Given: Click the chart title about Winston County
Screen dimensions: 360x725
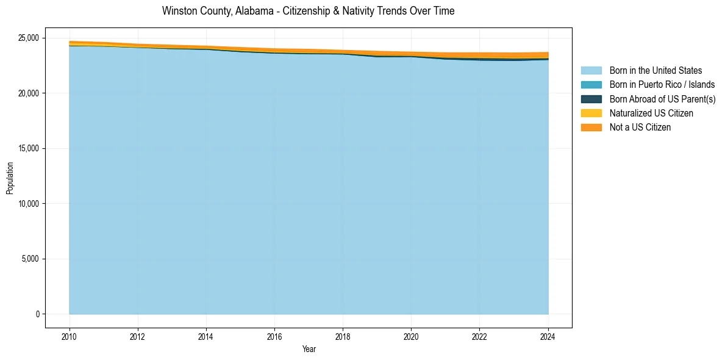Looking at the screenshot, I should [308, 11].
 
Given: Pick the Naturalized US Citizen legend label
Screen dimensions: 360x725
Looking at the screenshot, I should [651, 113].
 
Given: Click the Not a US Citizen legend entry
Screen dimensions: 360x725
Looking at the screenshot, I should [640, 128].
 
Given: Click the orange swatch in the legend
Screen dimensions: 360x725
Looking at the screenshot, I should [591, 128].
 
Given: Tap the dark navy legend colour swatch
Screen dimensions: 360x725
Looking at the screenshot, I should [591, 99].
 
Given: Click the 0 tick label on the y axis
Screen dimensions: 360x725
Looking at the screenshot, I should [37, 314].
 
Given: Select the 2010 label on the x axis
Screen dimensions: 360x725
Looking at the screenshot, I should [70, 336].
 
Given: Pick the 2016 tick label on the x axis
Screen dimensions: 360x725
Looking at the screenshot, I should [274, 336].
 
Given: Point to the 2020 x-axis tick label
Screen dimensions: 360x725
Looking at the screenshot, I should [411, 336].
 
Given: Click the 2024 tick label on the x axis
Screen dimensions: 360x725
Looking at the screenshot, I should [548, 336].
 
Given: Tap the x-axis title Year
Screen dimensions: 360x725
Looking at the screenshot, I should [309, 349].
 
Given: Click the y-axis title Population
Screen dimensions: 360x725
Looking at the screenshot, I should [10, 178].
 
